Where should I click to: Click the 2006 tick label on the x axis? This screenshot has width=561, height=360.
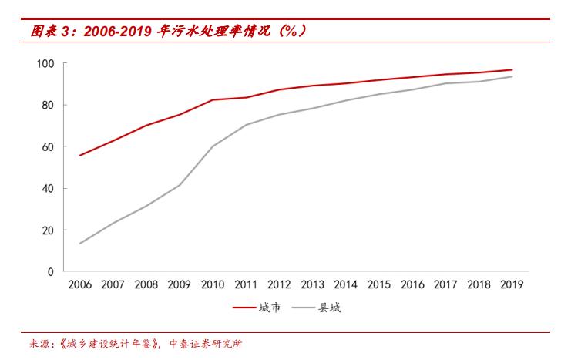pos(79,284)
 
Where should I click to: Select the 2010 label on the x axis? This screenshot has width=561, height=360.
pos(213,284)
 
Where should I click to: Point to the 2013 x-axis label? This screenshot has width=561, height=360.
pos(312,284)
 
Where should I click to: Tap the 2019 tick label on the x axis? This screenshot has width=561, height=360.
pos(512,284)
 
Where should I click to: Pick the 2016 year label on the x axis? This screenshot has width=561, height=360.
pos(412,284)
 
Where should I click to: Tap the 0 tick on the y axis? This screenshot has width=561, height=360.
pos(51,271)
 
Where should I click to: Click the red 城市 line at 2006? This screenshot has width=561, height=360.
pos(80,155)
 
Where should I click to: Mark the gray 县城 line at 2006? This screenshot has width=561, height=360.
pos(80,243)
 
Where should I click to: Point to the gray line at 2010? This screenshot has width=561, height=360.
pos(213,146)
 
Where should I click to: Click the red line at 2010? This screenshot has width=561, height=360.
pos(213,99)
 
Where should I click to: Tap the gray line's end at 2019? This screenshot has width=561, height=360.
pos(512,76)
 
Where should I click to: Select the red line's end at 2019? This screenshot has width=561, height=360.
pos(512,69)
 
